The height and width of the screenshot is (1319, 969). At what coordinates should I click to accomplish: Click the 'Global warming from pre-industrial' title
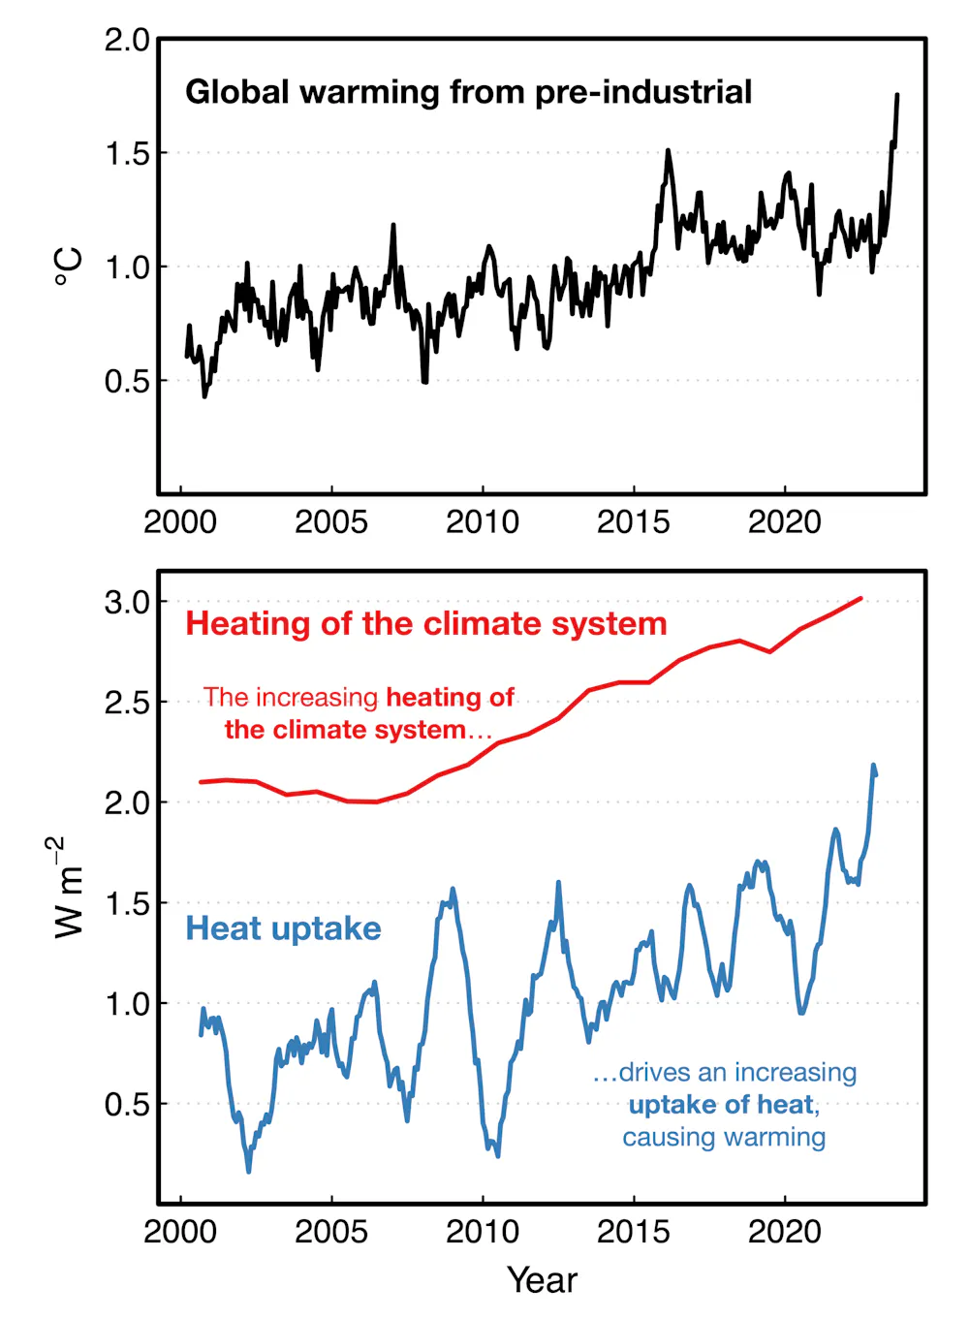point(468,92)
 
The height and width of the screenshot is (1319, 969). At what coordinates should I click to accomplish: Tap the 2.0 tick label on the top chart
point(127,41)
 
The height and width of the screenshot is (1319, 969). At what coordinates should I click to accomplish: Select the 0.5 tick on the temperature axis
point(127,381)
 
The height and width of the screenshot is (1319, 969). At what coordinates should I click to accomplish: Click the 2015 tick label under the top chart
point(633,522)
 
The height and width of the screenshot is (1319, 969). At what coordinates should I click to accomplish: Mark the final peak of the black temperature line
point(896,95)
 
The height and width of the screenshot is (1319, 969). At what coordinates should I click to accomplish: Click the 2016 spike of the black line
point(668,151)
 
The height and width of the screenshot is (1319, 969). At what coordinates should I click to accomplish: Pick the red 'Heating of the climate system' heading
point(426,623)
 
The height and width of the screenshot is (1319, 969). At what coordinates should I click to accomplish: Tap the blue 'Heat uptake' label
point(283,928)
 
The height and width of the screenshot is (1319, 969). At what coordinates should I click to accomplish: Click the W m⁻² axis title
point(68,887)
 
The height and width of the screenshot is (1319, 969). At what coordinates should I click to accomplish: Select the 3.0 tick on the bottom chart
point(127,602)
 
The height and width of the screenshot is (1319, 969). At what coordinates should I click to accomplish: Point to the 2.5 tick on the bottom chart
point(127,703)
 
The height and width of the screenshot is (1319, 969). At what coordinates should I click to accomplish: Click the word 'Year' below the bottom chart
point(542,1280)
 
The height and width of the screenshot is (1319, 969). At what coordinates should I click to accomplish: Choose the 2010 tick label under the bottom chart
point(482,1232)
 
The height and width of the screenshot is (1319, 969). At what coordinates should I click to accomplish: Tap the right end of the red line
point(860,599)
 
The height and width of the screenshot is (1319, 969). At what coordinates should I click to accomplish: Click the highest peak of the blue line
point(873,766)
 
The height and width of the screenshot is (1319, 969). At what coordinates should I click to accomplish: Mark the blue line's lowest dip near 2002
point(249,1171)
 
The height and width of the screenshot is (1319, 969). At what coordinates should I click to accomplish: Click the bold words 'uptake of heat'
point(722,1105)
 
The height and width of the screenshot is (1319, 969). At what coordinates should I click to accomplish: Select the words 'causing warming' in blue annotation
point(724,1137)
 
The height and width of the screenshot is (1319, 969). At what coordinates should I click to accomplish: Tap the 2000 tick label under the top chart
point(180,522)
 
